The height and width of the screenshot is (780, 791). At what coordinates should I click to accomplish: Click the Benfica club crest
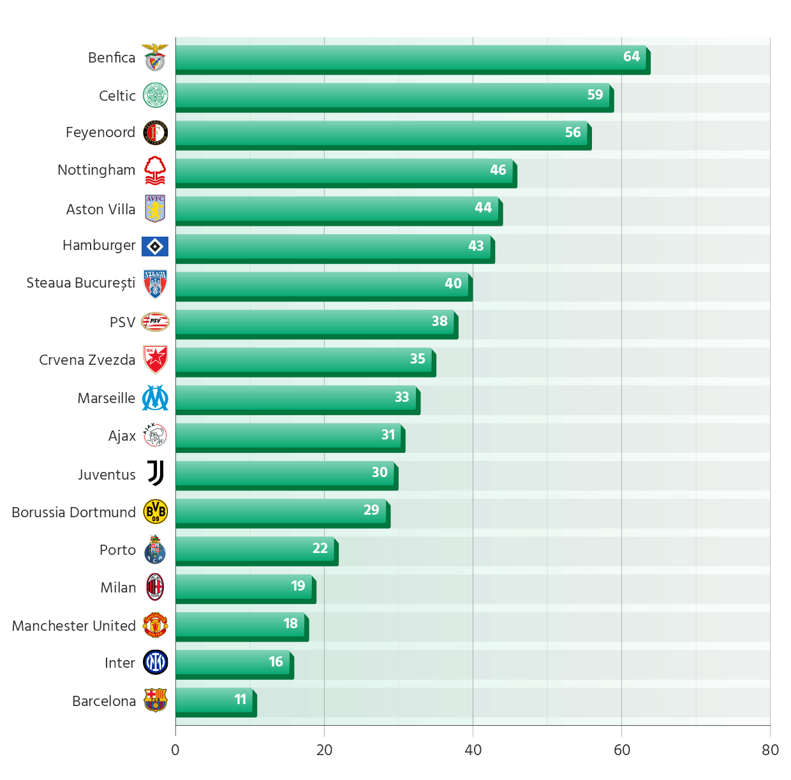pos(155,57)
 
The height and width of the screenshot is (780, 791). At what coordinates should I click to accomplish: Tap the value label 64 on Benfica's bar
pos(631,57)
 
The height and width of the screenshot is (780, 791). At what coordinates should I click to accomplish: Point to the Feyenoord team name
pos(100,133)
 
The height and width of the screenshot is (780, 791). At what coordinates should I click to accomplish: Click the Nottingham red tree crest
pos(155,170)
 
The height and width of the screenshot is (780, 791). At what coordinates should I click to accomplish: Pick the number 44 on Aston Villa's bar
pos(483,208)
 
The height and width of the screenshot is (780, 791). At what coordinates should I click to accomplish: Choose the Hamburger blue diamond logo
pos(155,246)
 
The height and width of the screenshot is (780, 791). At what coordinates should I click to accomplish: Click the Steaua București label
pos(80,283)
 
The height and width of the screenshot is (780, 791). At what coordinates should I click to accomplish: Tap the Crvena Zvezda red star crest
pos(155,360)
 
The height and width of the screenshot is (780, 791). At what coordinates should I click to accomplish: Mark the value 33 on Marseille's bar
pos(401,397)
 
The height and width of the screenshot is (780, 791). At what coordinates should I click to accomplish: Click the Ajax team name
pos(122,436)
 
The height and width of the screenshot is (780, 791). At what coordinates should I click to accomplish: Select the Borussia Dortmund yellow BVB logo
pos(155,511)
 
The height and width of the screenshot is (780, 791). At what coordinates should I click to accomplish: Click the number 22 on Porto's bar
pos(320,548)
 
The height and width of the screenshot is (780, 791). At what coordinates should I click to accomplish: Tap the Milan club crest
pos(155,587)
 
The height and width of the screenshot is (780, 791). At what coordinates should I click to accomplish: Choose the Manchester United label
pos(73,626)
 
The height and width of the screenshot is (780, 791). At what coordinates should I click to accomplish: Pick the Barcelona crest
pos(155,700)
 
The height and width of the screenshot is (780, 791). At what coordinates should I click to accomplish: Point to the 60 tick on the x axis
pos(622,750)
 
